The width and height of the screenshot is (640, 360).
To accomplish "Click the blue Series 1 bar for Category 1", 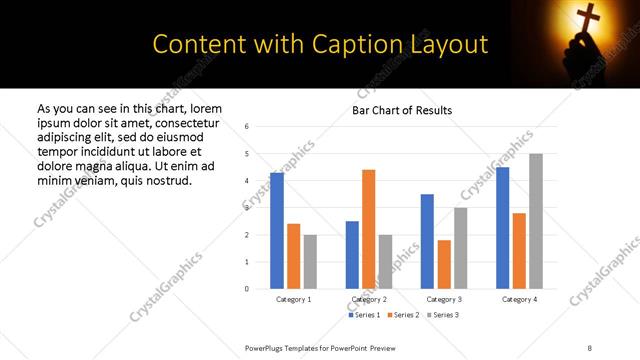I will [x=277, y=231].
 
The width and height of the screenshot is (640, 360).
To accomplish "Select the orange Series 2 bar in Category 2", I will [x=368, y=229].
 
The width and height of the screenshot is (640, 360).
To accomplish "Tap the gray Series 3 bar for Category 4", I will [x=536, y=221].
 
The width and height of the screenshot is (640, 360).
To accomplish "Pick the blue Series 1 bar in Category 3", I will [x=427, y=241].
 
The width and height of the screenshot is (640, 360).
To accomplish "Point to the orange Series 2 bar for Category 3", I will [x=444, y=264].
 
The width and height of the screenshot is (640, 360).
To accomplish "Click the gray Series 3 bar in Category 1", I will [x=310, y=262].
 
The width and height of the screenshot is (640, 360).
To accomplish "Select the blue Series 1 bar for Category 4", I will [x=502, y=228].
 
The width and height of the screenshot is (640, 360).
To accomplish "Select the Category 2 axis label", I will [x=369, y=299].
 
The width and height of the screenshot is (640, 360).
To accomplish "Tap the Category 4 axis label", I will [x=519, y=299].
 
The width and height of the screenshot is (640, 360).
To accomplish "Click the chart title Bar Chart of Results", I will [x=402, y=110].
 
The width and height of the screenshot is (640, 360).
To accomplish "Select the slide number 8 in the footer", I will [x=589, y=346].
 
